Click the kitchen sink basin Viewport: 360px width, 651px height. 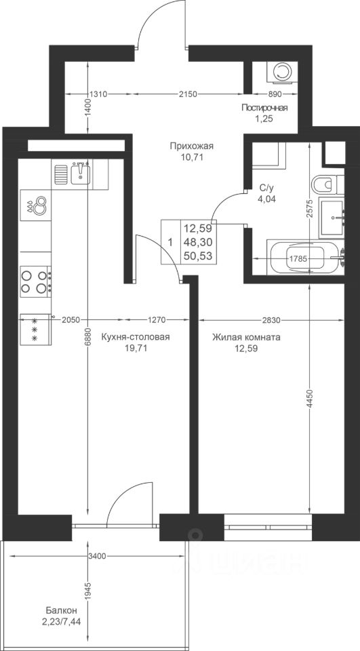tap(81, 173)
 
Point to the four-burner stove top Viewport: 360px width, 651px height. tap(36, 281)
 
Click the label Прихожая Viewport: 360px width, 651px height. tap(191, 146)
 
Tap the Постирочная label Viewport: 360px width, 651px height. tap(265, 108)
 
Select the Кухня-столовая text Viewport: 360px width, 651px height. tap(136, 337)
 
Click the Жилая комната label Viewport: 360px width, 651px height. tap(246, 337)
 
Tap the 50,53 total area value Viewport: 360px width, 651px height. tap(198, 256)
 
